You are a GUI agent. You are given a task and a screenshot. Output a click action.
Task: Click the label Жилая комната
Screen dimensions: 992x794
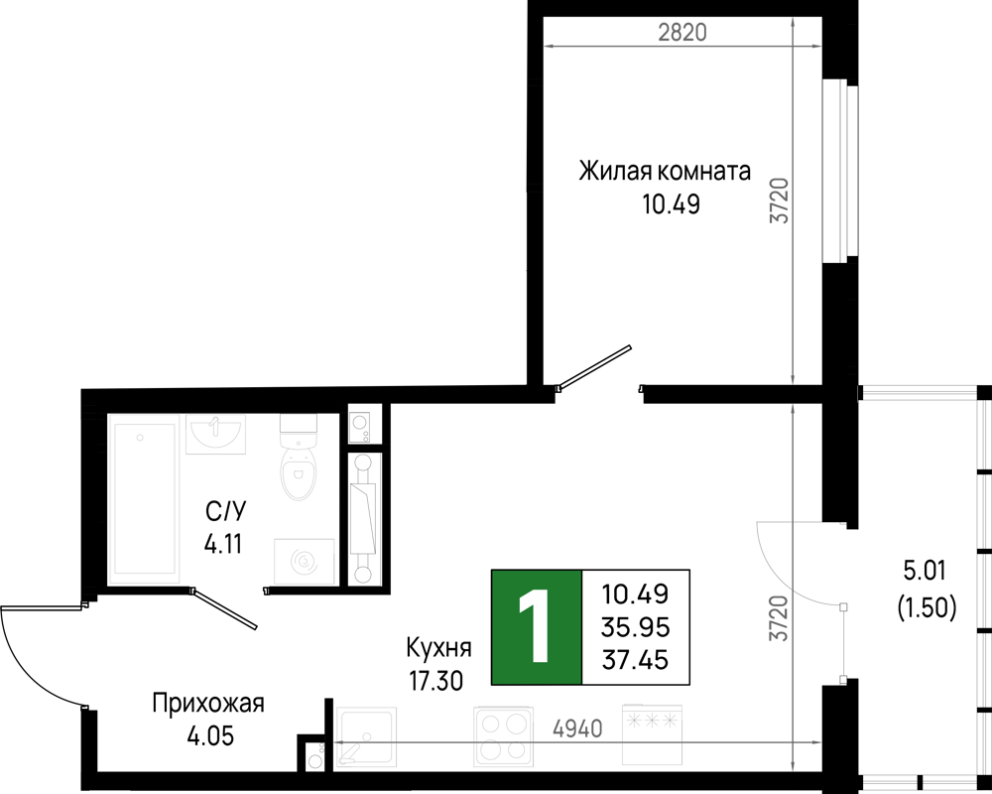pos(665,171)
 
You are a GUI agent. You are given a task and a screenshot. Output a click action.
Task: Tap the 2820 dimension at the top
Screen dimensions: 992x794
pos(682,32)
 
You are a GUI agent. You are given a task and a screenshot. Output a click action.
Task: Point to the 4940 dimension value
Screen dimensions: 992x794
pos(577,728)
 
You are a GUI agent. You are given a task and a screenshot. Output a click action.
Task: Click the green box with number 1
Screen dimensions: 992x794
pos(537,627)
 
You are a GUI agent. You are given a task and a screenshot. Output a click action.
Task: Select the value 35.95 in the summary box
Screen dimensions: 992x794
pos(635,627)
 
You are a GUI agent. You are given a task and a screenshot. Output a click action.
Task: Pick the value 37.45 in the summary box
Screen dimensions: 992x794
pos(635,660)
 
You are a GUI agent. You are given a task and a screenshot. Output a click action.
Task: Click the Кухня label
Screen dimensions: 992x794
pos(438,648)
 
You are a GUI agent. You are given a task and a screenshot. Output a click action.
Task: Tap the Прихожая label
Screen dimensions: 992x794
pos(208,704)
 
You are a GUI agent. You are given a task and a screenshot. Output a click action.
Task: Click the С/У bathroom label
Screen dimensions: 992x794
pos(224,511)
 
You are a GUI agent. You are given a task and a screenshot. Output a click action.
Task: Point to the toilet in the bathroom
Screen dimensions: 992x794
pos(298,458)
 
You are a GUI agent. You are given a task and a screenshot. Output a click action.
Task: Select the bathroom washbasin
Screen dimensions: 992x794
pos(215,434)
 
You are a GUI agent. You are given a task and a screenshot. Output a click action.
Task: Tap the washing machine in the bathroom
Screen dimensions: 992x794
pos(304,562)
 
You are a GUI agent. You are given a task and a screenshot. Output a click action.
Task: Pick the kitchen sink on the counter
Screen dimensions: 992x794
pos(366,737)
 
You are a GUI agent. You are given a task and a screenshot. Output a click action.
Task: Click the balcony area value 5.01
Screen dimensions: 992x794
pos(925,571)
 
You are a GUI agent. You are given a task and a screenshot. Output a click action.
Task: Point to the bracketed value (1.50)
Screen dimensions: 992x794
pos(927,607)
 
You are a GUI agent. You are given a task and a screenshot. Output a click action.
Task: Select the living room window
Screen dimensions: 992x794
pos(839,171)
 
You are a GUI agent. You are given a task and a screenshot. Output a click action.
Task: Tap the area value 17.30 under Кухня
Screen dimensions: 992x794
pos(435,681)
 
